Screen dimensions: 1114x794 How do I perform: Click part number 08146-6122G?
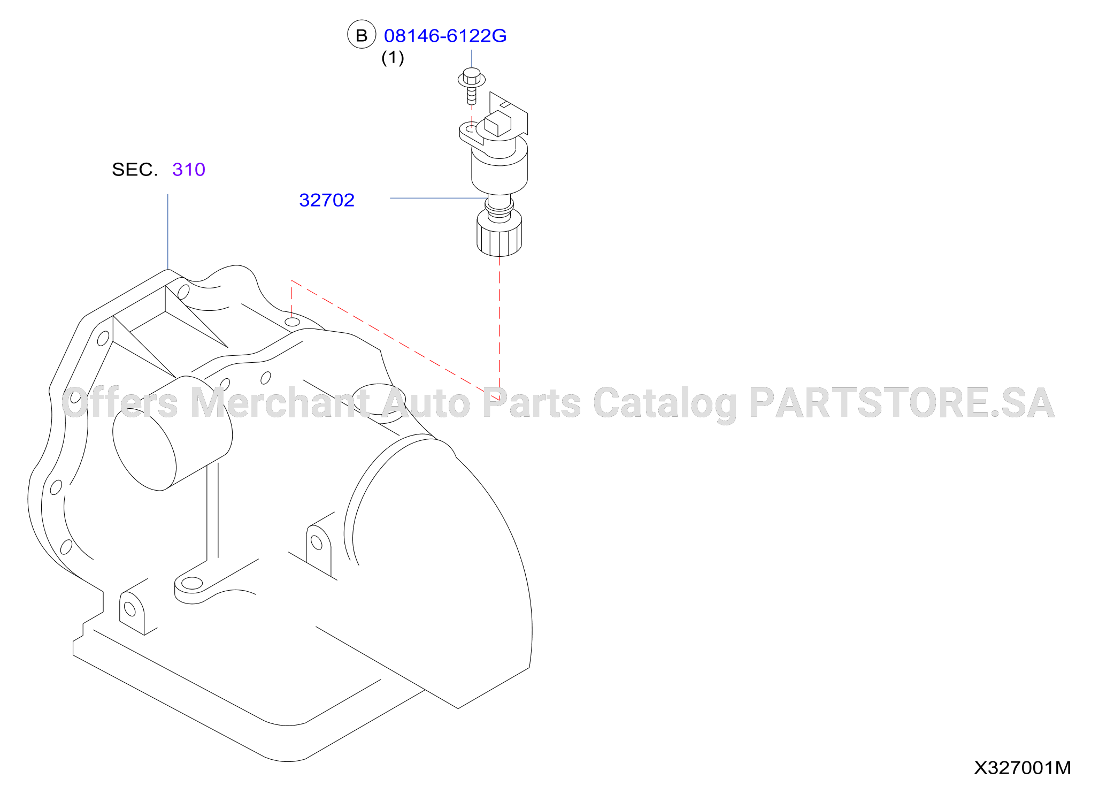point(445,36)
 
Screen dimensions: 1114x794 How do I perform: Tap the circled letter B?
point(362,35)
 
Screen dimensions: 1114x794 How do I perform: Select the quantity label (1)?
point(393,58)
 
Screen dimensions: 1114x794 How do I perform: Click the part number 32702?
point(327,200)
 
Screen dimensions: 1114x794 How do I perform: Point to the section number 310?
point(189,170)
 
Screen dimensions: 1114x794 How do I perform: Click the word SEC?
point(135,170)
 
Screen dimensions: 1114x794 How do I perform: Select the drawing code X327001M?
point(1022,768)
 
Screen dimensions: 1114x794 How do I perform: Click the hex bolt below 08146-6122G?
point(471,85)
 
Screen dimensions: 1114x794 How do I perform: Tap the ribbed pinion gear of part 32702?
point(499,234)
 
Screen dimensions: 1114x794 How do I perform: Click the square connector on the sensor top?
point(497,124)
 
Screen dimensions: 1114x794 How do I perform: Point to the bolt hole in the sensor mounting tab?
point(469,129)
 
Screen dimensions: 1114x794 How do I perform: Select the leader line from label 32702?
point(439,198)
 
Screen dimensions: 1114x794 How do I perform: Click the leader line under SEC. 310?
point(168,232)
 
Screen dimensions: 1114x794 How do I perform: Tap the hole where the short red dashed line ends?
point(293,322)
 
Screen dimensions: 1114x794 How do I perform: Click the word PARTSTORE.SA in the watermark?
point(902,403)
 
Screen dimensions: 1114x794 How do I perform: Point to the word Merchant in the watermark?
point(280,403)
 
